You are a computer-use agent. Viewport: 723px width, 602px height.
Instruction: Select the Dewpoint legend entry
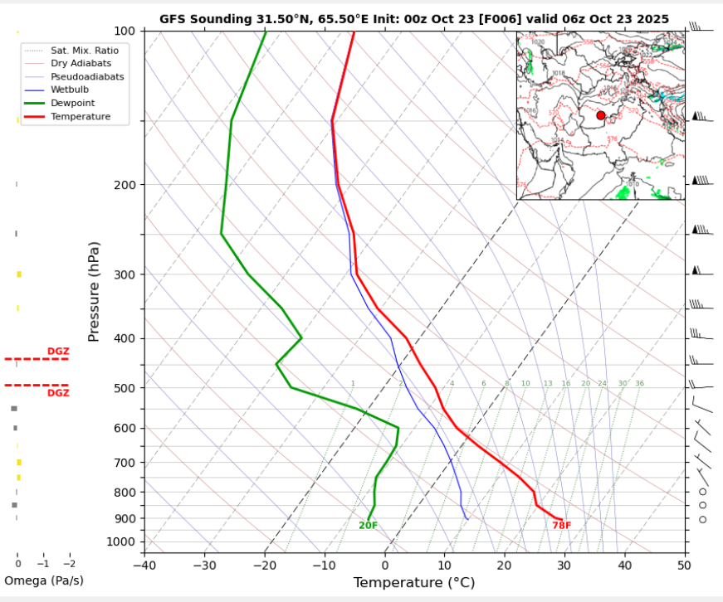[x=73, y=103]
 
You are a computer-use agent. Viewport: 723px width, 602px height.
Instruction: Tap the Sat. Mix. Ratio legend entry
[x=85, y=51]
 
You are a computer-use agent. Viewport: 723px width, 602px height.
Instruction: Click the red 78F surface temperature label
[x=561, y=525]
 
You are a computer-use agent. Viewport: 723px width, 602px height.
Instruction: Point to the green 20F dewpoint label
[x=368, y=526]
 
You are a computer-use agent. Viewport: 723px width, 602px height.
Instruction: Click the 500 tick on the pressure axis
[x=124, y=388]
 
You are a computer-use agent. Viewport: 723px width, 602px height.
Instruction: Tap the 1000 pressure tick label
[x=120, y=542]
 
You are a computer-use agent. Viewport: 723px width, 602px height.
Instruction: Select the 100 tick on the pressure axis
[x=124, y=32]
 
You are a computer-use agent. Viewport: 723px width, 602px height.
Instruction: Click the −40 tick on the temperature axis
[x=144, y=566]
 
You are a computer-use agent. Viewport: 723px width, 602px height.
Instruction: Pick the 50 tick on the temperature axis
[x=684, y=566]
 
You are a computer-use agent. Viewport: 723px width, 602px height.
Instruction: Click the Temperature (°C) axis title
[x=413, y=583]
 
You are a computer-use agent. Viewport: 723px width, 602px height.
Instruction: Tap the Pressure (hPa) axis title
[x=94, y=292]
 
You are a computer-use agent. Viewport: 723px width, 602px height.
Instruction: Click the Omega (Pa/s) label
[x=44, y=580]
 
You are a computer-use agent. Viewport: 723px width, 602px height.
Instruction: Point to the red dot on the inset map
[x=601, y=115]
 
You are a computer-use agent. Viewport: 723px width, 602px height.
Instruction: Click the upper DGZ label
[x=58, y=352]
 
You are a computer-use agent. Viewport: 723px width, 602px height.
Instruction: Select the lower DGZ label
[x=58, y=393]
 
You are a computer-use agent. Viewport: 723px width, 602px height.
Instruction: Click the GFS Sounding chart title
[x=413, y=19]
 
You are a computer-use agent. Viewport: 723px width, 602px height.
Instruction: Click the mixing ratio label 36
[x=639, y=384]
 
